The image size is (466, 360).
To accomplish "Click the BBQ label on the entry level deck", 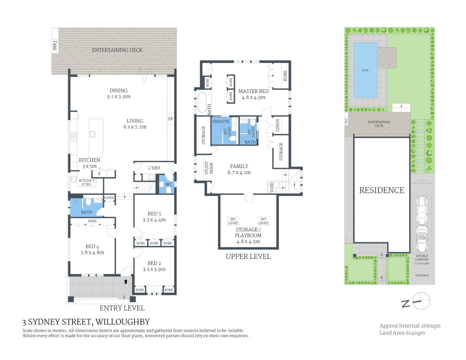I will tap(55, 45).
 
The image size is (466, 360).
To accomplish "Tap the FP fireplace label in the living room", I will tap(171, 119).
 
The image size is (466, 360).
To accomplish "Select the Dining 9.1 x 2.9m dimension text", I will tap(119, 97).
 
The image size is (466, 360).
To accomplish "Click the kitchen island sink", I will tap(93, 134).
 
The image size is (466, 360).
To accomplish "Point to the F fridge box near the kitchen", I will tap(99, 174).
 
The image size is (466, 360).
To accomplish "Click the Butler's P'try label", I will tap(86, 182).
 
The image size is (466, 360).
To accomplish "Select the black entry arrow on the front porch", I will tap(126, 282).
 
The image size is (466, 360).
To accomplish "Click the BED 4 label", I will tap(92, 246).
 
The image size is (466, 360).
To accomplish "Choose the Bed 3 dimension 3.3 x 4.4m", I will tap(154, 220).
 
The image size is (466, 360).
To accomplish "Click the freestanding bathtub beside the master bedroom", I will tap(202, 102).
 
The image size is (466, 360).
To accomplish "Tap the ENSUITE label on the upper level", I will tap(221, 122).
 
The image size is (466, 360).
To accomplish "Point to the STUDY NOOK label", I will tap(209, 168).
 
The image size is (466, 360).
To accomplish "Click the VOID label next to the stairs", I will tap(272, 187).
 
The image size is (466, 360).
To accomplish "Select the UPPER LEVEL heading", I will tap(248, 256).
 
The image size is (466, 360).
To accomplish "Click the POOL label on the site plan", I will tap(365, 70).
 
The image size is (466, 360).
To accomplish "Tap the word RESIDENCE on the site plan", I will tap(382, 190).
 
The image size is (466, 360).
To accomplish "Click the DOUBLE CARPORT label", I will tap(422, 258).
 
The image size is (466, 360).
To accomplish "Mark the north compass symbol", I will tap(421, 301).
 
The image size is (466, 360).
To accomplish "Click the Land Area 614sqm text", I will tap(402, 333).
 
